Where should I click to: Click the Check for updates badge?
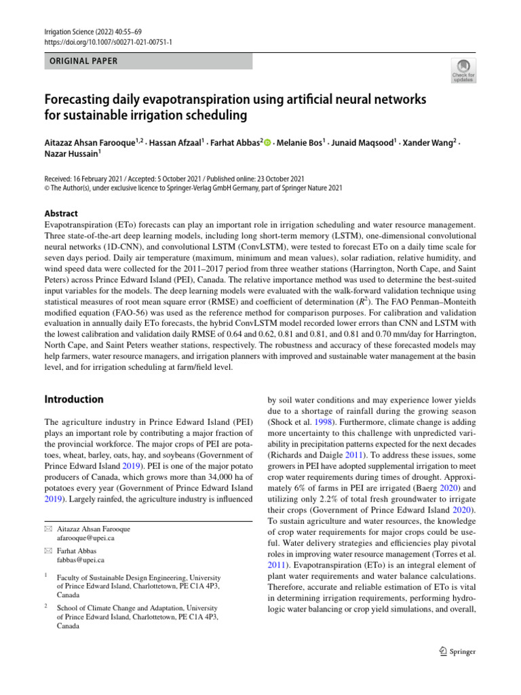(x=463, y=70)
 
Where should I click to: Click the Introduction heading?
(x=74, y=399)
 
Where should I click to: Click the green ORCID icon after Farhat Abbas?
(x=267, y=143)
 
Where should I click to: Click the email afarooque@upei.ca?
(x=85, y=538)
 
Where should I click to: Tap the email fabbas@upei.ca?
(x=80, y=561)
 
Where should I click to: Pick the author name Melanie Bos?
(x=301, y=143)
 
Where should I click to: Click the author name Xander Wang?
(x=431, y=143)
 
